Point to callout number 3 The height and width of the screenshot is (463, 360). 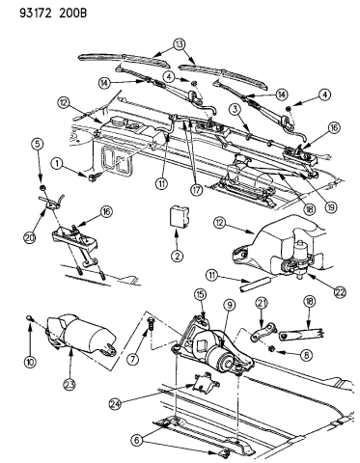pyautogui.click(x=235, y=112)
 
